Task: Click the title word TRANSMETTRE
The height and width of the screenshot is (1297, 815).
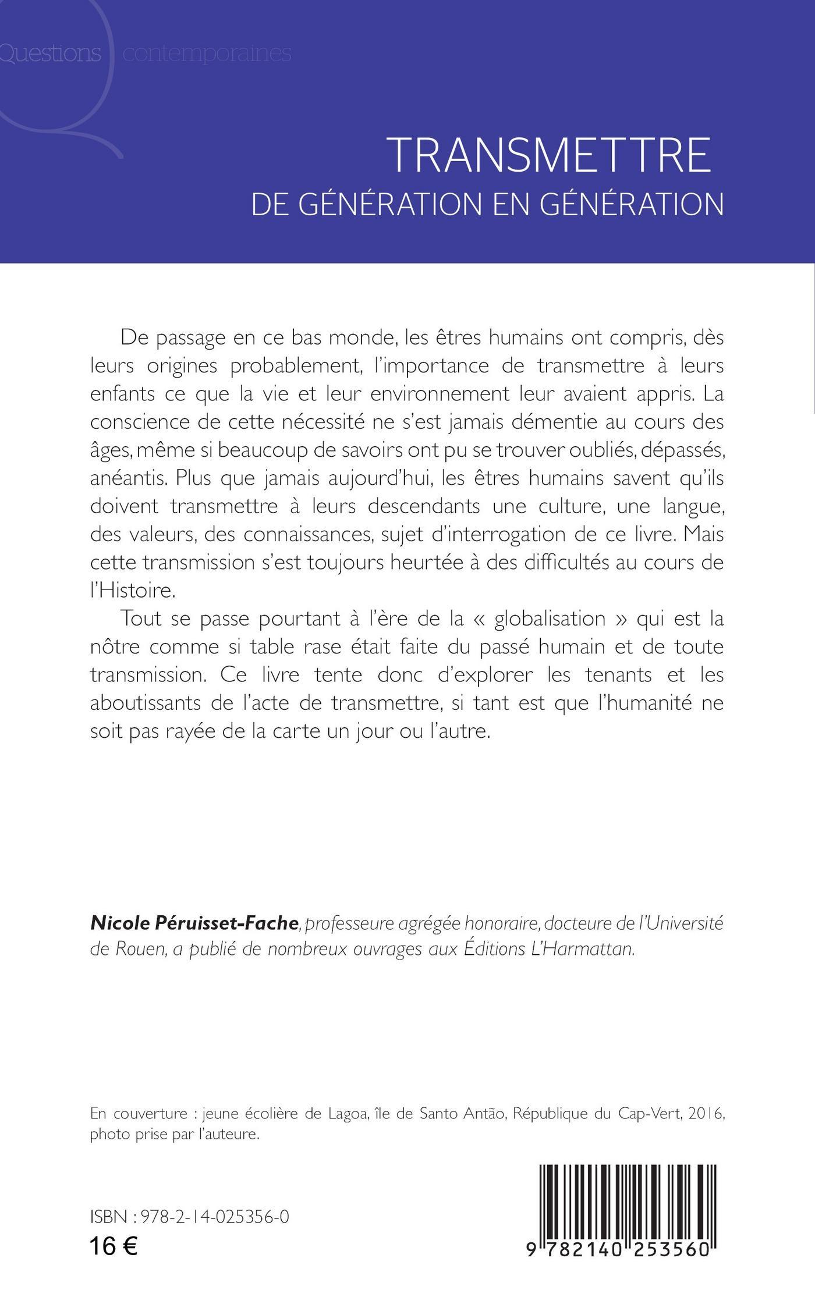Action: coord(551,155)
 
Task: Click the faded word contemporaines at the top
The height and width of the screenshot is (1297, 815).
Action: coord(207,54)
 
